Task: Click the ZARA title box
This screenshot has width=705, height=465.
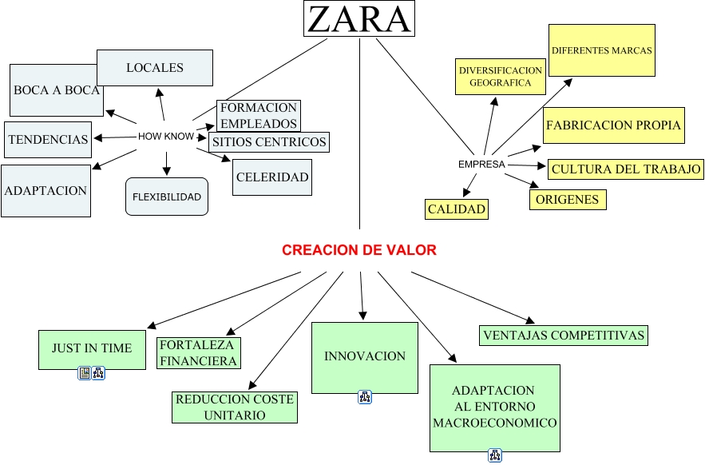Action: (x=358, y=19)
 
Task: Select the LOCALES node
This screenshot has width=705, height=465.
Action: (x=155, y=68)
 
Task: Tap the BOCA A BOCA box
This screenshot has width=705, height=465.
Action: (x=56, y=90)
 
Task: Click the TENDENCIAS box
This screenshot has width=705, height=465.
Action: (x=48, y=139)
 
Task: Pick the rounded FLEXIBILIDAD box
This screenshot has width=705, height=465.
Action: (x=167, y=197)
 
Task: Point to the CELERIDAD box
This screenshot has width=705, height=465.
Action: (x=272, y=177)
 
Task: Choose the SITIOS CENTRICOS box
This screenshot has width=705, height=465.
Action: (x=268, y=142)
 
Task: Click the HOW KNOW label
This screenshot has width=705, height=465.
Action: (x=166, y=137)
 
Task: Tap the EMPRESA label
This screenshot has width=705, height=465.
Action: (x=481, y=165)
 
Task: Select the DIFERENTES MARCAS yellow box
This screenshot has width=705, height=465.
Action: (x=602, y=50)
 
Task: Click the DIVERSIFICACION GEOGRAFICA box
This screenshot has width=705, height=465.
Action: (x=500, y=77)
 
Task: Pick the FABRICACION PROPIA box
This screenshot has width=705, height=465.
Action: (x=613, y=125)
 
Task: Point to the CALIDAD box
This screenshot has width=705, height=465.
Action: (x=457, y=209)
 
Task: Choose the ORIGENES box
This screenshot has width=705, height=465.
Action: (x=568, y=200)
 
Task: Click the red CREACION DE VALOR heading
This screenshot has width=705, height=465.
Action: (x=359, y=250)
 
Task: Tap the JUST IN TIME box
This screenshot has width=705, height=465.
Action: (x=92, y=349)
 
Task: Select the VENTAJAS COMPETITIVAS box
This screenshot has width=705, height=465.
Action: (x=564, y=336)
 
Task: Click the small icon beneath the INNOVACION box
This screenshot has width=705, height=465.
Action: (x=364, y=397)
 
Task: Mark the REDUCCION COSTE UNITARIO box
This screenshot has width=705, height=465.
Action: (x=235, y=407)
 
